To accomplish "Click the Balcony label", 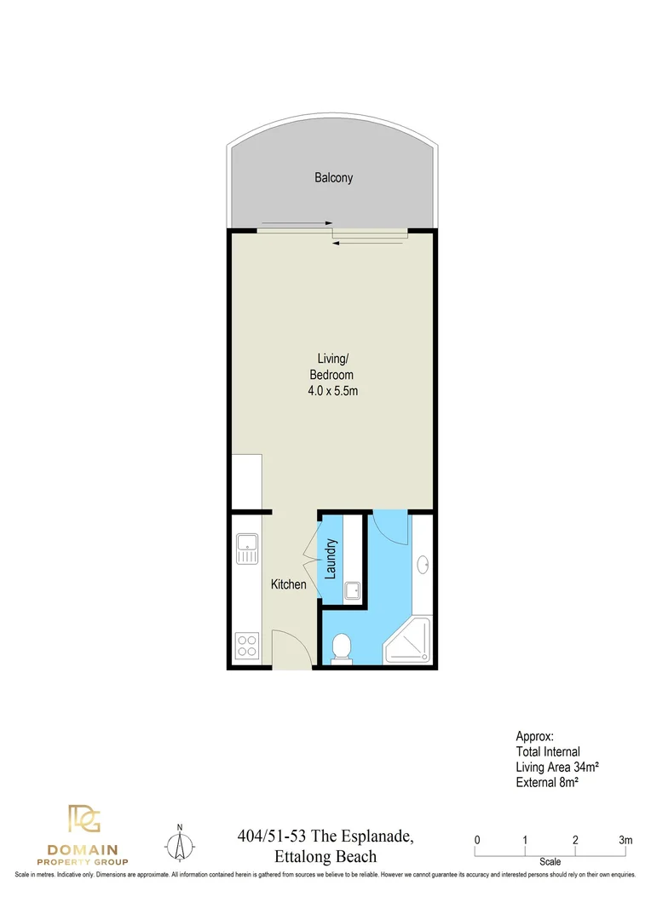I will tap(333, 178).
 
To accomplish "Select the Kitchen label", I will tap(288, 584).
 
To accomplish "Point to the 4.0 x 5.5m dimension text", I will tap(331, 391).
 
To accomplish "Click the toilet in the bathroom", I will tap(342, 647).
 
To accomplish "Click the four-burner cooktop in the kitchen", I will tap(246, 645).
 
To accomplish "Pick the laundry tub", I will tap(352, 590).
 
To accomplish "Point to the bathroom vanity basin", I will tap(423, 564).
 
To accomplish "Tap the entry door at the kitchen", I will tap(289, 647).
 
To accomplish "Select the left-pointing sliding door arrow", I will tap(366, 244).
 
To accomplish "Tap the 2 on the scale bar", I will tap(576, 840).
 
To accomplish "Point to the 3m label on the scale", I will tap(626, 840).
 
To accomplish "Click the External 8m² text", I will tap(548, 781).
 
